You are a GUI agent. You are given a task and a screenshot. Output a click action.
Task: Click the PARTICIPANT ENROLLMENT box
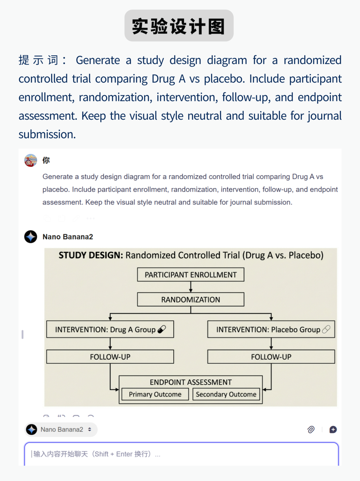point(190,275)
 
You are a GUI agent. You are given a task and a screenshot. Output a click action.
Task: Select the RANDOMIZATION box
point(190,299)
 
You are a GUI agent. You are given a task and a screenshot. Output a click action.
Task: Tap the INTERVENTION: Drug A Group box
point(110,329)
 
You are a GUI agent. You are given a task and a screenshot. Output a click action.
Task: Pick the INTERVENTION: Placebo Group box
point(271,329)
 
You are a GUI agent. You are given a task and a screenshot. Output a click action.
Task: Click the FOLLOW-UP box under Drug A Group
point(110,357)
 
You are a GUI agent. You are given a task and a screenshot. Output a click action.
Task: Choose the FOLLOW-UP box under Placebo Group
point(271,357)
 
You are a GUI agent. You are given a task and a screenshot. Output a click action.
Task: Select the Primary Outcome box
point(155,394)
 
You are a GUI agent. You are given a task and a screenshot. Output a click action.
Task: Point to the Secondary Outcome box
point(226,394)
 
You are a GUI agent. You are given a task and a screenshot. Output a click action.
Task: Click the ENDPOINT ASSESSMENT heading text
point(190,382)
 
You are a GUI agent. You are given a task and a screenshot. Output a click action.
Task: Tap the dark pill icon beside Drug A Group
point(162,329)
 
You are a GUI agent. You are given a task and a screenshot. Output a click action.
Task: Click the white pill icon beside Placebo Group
point(326,329)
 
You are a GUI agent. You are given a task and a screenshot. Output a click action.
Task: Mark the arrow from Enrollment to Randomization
point(191,287)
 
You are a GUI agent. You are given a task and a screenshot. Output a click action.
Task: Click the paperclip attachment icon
point(311,430)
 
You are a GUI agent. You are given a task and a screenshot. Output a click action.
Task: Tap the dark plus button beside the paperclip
point(333,430)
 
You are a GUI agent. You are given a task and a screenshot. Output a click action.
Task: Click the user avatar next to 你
point(31,160)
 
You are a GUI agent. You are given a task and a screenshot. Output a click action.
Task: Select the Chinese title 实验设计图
point(179,26)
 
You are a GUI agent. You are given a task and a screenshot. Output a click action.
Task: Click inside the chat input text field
point(181,454)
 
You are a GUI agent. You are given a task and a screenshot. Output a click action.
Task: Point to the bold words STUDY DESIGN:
point(91,255)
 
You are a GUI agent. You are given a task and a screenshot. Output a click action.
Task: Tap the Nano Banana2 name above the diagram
point(68,237)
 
